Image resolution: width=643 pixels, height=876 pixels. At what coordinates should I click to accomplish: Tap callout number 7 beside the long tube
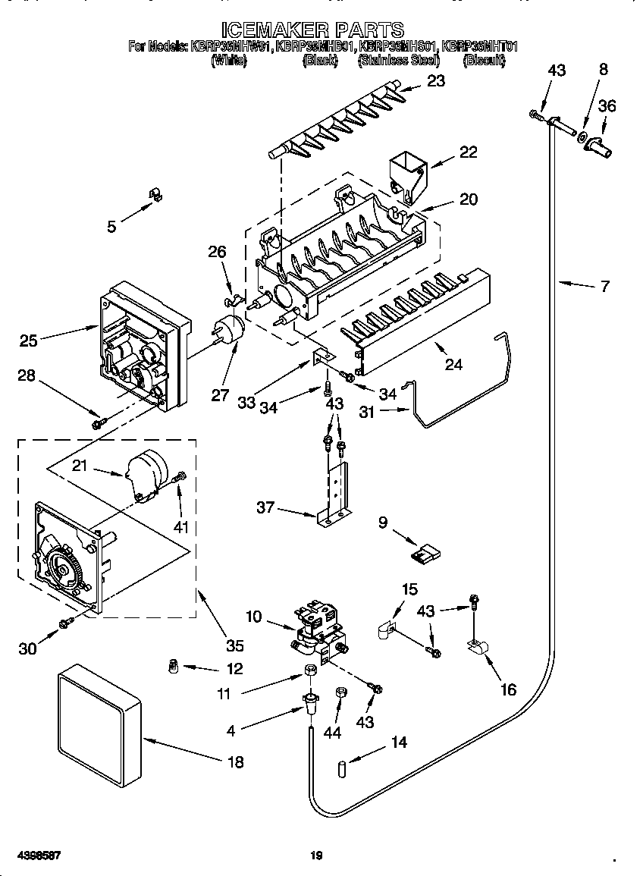coord(604,286)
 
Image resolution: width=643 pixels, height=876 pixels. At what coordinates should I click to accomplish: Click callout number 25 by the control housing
coord(29,341)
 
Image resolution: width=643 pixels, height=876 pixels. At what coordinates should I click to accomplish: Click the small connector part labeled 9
coord(424,556)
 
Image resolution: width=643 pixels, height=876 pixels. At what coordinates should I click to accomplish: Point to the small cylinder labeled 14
coord(343,768)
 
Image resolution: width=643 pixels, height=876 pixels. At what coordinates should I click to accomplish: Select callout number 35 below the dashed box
coord(235,646)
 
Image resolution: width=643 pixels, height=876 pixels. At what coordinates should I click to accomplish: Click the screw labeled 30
coord(66,623)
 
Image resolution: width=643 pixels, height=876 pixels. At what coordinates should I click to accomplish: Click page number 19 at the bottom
coord(317,856)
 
